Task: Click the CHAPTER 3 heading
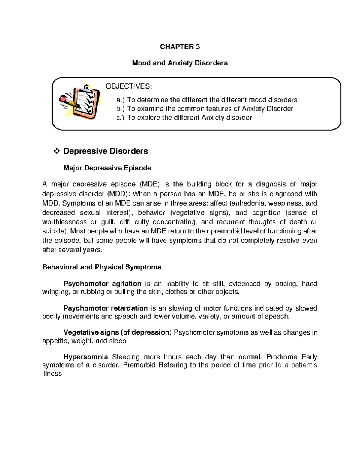click(180, 47)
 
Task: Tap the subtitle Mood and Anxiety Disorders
click(180, 63)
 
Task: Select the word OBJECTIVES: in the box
click(129, 86)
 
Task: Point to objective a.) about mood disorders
click(207, 100)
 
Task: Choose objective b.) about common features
click(205, 109)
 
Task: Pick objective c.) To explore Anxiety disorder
click(184, 118)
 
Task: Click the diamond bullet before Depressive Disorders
click(56, 151)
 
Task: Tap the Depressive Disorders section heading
click(106, 151)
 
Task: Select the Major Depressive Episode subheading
click(107, 168)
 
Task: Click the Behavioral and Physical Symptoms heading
click(102, 267)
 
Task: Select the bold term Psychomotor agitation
click(102, 284)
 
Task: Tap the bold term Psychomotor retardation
click(105, 308)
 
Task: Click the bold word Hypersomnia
click(85, 357)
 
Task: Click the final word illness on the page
click(52, 374)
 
